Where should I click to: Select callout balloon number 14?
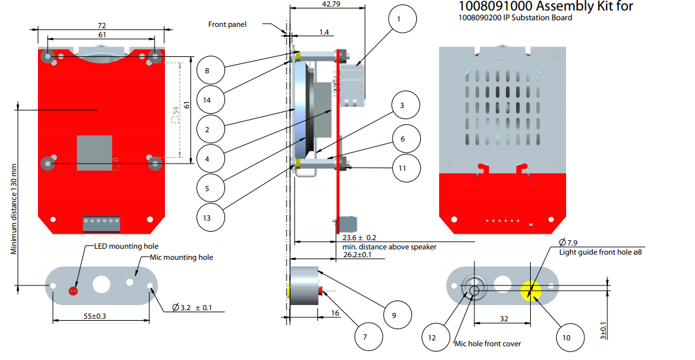207,99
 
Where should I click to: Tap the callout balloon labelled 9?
394,315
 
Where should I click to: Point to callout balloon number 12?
431,337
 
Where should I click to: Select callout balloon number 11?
402,168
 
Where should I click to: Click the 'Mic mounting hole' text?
181,257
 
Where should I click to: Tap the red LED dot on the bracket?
73,290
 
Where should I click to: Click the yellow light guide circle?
530,289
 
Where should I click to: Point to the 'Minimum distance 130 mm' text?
14,209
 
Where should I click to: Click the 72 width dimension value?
101,26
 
